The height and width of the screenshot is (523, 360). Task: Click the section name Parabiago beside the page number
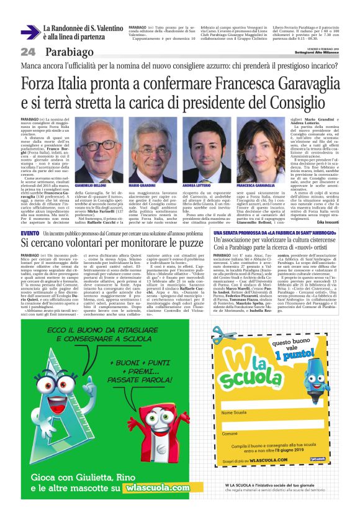click(64, 51)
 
